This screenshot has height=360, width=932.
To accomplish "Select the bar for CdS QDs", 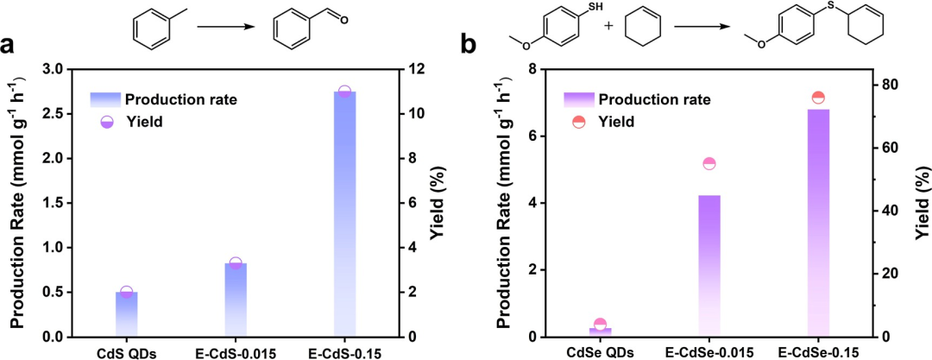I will [x=127, y=314].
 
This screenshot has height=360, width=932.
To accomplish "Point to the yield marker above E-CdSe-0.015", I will [x=709, y=164].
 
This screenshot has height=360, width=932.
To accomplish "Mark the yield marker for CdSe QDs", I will [x=601, y=325].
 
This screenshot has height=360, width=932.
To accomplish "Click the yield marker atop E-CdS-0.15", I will [x=343, y=92].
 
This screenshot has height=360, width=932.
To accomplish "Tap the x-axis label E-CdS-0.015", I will [x=236, y=351].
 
